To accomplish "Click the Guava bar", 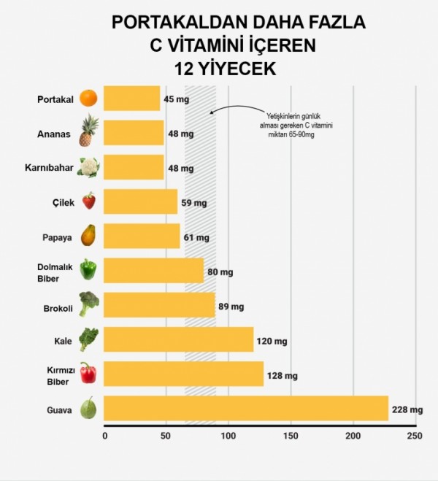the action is [246, 408].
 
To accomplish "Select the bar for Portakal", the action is [132, 98].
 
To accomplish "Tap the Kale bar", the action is [179, 339].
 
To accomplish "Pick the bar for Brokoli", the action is [159, 305].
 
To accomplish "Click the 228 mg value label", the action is [407, 409].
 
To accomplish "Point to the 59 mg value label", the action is [194, 203].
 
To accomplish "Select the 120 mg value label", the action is [272, 341].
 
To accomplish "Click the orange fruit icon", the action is [88, 98].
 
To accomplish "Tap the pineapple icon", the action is [88, 130].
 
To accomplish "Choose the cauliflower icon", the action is [88, 167].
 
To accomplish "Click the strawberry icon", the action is [89, 201].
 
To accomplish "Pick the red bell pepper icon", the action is [88, 373].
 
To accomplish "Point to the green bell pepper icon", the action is [88, 269].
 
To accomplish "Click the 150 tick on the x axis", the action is [291, 436].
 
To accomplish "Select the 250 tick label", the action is [415, 436].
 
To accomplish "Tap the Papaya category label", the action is [57, 238].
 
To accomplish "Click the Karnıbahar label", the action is [49, 168].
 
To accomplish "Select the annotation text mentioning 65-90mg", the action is [296, 126].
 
